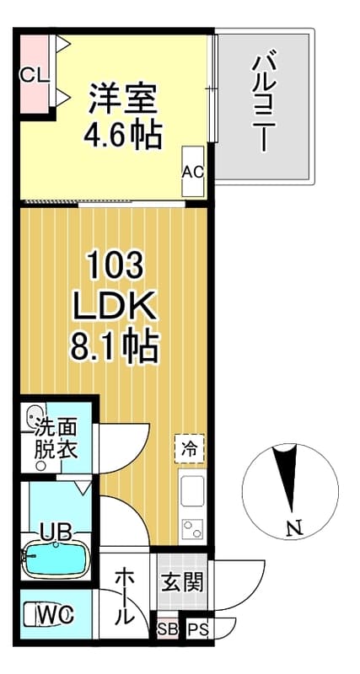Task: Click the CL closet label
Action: [x=33, y=73]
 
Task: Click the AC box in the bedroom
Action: [x=193, y=172]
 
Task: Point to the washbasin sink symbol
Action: [x=35, y=415]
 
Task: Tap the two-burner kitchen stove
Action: [x=192, y=528]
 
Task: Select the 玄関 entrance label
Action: [x=181, y=581]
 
